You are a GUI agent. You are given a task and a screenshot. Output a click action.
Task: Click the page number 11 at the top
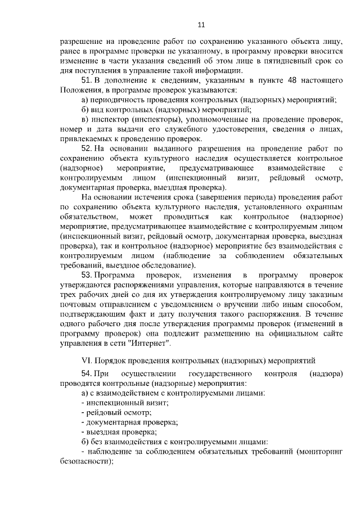[201, 24]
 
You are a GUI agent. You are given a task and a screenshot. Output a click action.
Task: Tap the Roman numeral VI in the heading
[87, 359]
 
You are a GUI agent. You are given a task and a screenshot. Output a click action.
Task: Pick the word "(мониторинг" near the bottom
[319, 451]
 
